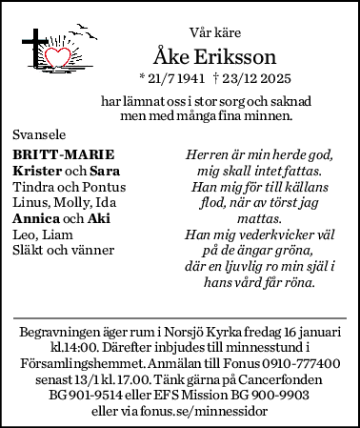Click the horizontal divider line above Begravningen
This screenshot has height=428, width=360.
coord(180,316)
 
